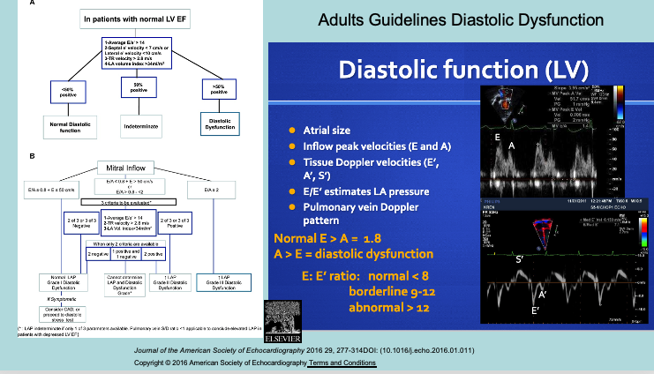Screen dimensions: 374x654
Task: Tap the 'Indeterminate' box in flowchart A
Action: tap(136, 126)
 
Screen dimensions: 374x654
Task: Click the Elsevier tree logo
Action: tap(283, 319)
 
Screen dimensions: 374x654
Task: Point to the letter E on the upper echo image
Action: tap(499, 138)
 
